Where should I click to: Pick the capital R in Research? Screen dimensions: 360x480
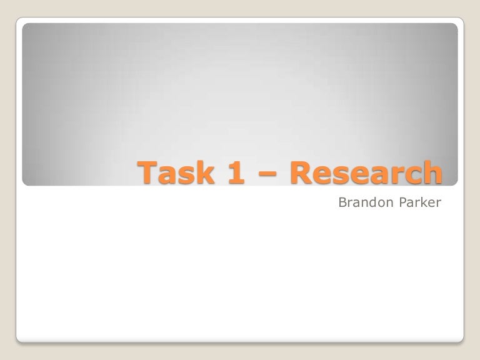301,172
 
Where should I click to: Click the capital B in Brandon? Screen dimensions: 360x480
341,202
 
